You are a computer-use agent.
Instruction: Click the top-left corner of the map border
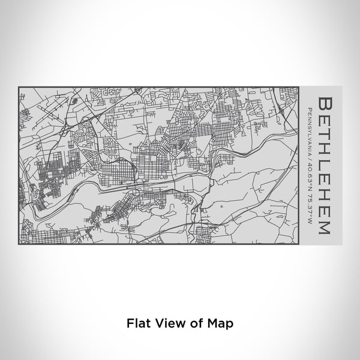tap(20, 87)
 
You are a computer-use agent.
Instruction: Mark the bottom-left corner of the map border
tap(20, 243)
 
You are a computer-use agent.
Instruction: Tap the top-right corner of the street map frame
tap(299, 87)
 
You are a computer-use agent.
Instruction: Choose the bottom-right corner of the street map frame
tap(299, 243)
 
